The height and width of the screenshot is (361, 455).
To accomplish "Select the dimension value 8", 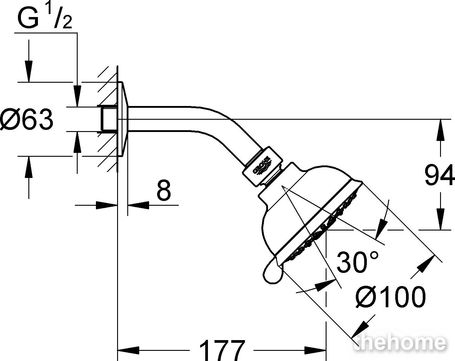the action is coord(163,190).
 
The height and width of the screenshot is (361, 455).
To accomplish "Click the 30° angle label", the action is coord(357,262).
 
